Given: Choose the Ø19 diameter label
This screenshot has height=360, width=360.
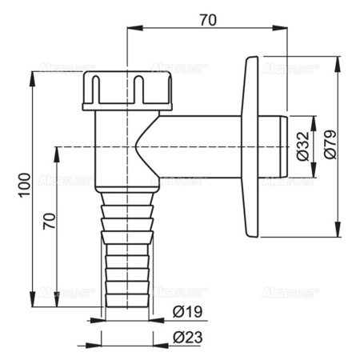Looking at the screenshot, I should click(x=186, y=313).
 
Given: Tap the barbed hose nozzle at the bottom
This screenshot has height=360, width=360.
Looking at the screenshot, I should click(x=126, y=248).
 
